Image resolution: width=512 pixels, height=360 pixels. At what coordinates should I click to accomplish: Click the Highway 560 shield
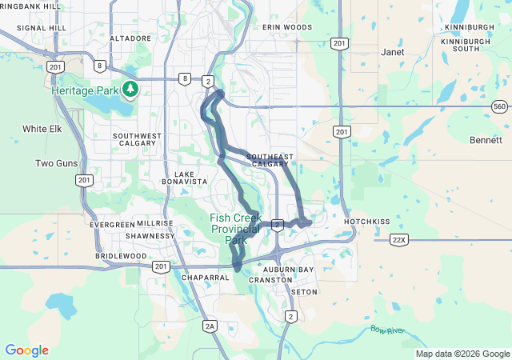(499, 106)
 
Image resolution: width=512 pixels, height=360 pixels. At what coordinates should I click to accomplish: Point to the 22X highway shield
(399, 239)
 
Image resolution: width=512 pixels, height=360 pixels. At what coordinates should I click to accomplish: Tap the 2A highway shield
(210, 326)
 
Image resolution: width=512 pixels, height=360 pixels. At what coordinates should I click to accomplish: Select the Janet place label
(393, 52)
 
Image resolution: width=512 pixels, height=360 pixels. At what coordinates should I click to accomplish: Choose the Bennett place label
(486, 139)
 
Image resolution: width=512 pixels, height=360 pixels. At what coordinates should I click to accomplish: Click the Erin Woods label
(287, 27)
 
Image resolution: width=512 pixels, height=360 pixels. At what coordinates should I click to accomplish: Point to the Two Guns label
(56, 163)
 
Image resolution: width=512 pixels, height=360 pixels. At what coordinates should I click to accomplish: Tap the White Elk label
(42, 129)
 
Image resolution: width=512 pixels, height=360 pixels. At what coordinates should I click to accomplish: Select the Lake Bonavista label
(191, 178)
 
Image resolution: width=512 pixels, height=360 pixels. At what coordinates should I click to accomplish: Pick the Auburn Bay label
(293, 270)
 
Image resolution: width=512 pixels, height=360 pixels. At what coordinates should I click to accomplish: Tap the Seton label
(305, 292)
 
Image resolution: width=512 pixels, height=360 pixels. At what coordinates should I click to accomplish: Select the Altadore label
(130, 38)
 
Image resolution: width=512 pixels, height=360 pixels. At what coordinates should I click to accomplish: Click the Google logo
(26, 350)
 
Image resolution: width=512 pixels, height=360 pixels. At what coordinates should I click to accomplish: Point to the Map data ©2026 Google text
(462, 354)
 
